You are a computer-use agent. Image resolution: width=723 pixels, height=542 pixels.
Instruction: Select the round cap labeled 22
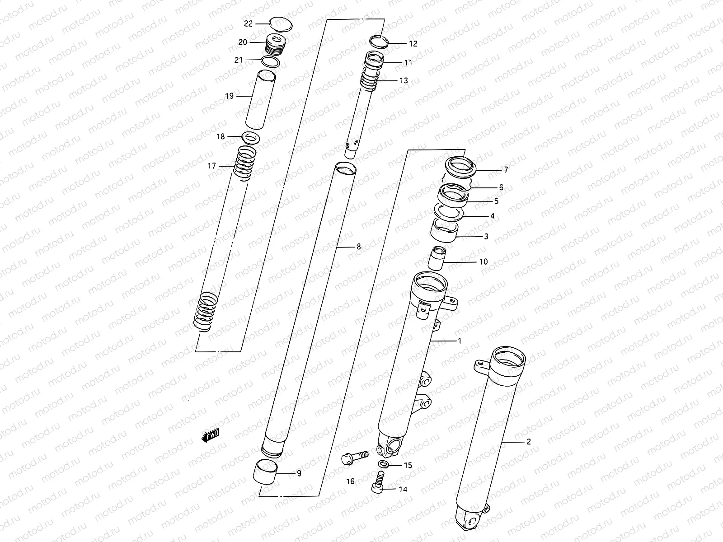(x=280, y=23)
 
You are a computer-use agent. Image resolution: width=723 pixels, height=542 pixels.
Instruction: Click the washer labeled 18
(x=251, y=136)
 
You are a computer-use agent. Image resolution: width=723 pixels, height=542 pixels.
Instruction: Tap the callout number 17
(x=212, y=166)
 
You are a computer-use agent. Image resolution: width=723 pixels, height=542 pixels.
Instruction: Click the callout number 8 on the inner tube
(x=359, y=247)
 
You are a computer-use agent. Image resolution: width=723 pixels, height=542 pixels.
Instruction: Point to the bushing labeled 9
(x=263, y=472)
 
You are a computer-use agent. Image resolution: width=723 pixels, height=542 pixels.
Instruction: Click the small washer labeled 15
(x=384, y=465)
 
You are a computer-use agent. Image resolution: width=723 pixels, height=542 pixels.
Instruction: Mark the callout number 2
(x=529, y=442)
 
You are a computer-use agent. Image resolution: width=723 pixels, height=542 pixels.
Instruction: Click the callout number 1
(x=460, y=341)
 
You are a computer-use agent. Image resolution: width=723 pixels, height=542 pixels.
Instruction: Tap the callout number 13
(x=404, y=80)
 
